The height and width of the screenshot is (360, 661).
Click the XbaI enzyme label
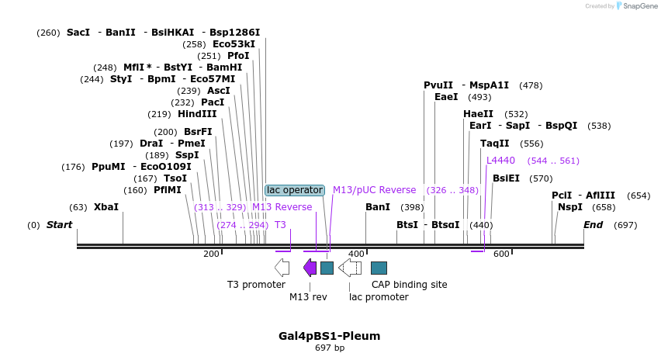(x=106, y=207)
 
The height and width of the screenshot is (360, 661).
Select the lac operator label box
(x=294, y=190)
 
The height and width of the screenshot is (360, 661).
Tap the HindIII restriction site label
(x=197, y=114)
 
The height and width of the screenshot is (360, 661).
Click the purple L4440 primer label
(x=500, y=161)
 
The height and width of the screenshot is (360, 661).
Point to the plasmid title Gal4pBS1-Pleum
(x=330, y=336)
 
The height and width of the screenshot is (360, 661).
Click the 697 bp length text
(x=330, y=348)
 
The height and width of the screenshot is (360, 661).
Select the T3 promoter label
(x=256, y=285)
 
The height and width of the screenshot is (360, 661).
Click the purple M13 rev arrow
(x=310, y=268)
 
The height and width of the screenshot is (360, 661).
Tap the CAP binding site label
(x=409, y=285)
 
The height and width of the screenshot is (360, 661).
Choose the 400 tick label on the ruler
(x=356, y=254)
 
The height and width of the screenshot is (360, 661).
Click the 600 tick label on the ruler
(x=501, y=254)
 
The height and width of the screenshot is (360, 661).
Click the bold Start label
(x=59, y=225)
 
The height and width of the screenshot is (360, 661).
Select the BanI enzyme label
(x=378, y=207)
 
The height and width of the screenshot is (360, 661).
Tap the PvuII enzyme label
(x=438, y=85)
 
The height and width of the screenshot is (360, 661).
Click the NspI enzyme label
(x=570, y=207)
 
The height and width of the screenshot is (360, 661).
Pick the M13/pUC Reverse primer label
(x=374, y=190)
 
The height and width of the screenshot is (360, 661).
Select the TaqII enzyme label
(x=495, y=144)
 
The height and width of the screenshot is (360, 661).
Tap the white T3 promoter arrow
(x=282, y=268)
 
